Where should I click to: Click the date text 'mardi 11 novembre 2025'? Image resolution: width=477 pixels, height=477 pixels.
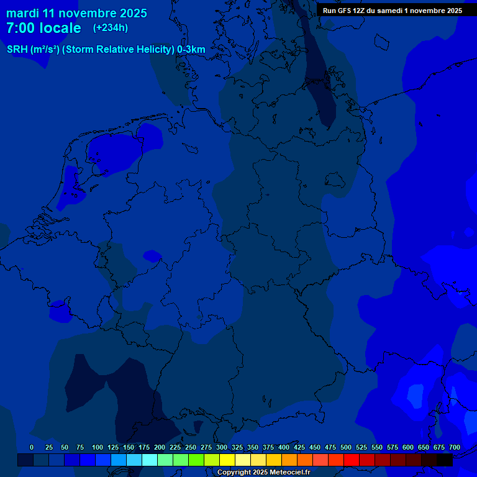pos(76,13)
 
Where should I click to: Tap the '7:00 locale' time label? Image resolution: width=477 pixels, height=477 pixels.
pos(43,28)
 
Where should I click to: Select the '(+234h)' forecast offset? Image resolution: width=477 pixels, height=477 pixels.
pos(111,28)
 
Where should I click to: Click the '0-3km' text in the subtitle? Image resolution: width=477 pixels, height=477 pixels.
pos(191,49)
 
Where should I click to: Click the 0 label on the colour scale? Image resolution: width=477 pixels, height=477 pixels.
pos(32,447)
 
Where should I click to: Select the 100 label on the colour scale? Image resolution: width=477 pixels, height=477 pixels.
pos(98,447)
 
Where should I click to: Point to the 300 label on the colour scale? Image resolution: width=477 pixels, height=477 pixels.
pos(222,447)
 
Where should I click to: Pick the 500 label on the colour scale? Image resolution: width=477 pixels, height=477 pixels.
pos(346,447)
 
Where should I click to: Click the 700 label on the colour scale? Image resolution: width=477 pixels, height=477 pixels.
pos(455,447)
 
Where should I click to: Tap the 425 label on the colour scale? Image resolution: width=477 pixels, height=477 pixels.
pos(299,447)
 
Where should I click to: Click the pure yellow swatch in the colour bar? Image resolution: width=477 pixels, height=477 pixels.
pos(227,460)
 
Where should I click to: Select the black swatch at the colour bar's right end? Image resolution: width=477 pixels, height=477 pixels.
pos(444,460)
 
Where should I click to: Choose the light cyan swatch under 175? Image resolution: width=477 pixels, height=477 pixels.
pos(149,460)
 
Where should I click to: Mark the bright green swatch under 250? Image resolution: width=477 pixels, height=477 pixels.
pos(196,460)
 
